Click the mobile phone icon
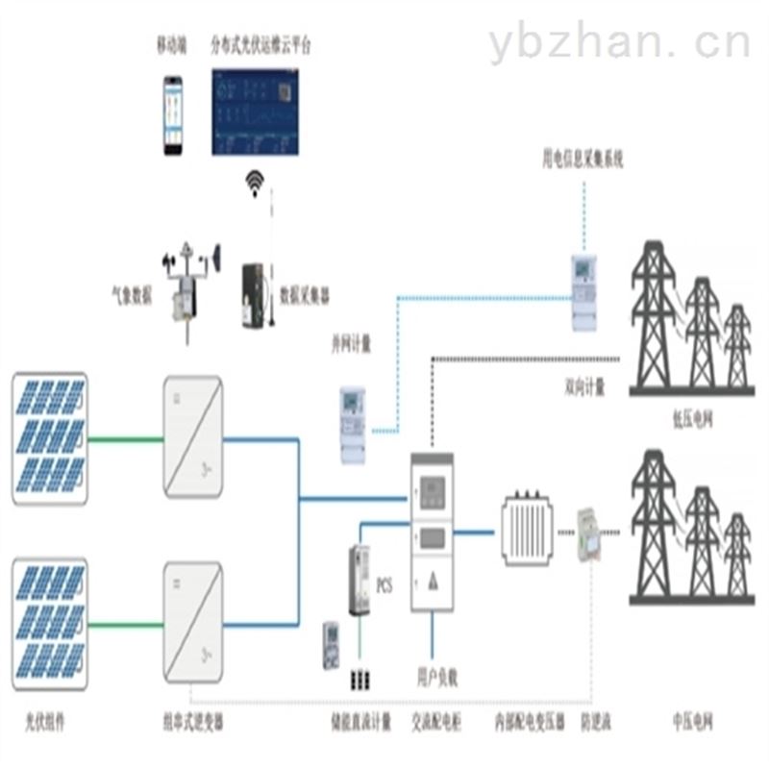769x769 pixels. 172,114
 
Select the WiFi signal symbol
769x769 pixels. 255,183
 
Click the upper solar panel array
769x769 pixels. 50,438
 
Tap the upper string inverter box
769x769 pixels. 193,437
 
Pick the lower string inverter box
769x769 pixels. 193,623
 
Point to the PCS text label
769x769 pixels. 384,583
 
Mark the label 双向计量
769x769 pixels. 584,388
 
